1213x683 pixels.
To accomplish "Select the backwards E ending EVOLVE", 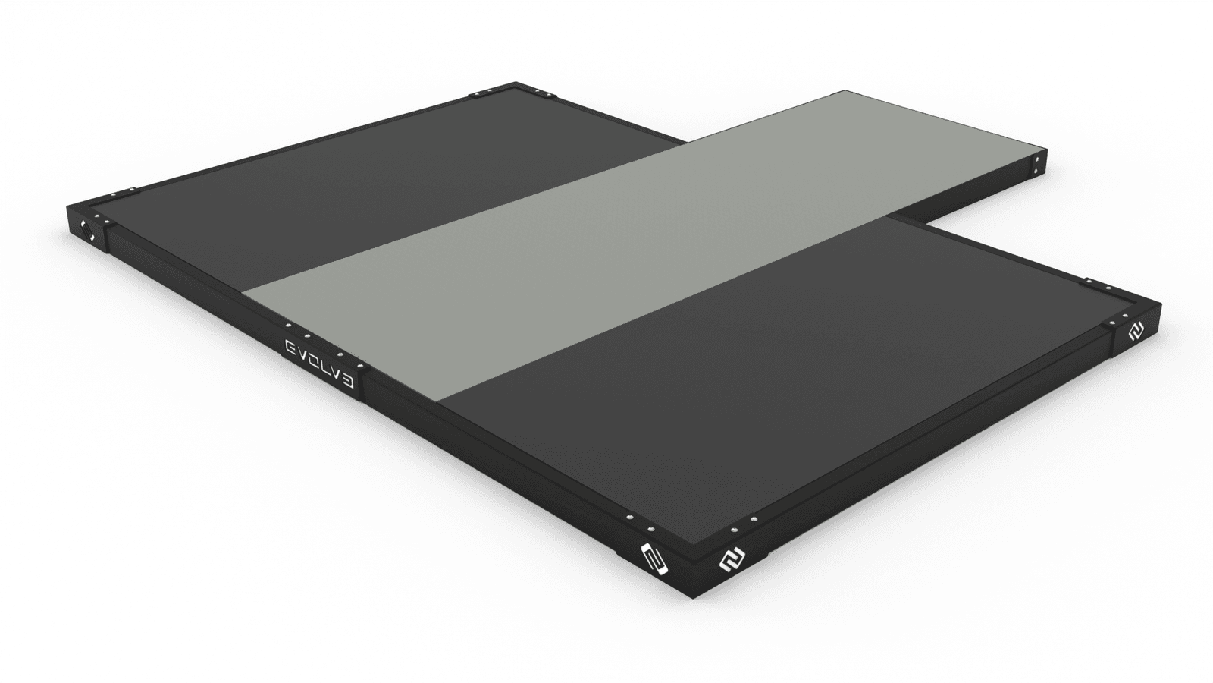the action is click(x=349, y=382).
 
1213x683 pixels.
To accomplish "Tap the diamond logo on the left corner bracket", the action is click(x=86, y=231).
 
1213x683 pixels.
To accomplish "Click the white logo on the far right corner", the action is click(x=1136, y=332).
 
